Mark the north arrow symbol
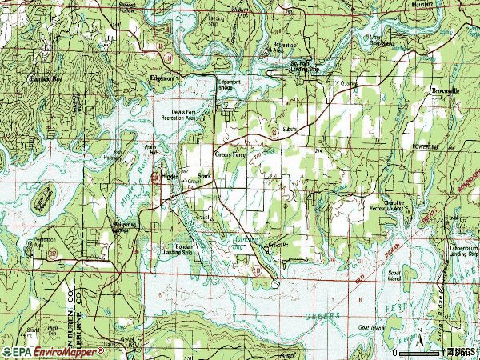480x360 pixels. coord(419,330)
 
